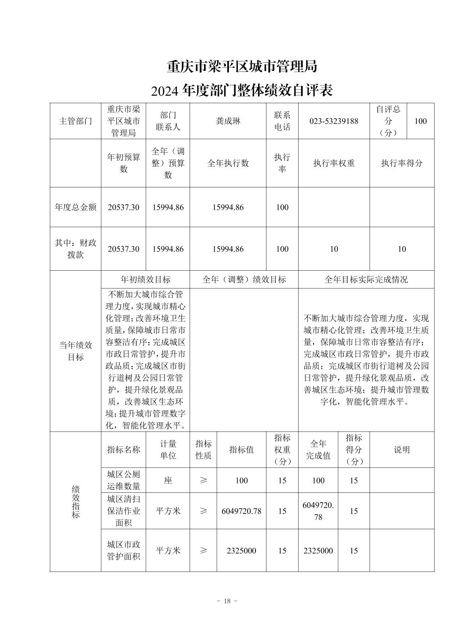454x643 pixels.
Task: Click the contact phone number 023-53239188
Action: point(334,121)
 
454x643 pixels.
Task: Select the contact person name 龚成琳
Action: point(228,121)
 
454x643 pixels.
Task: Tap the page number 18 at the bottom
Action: point(227,601)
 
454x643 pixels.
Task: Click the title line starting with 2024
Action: point(242,90)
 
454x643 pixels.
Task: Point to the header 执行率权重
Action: point(334,163)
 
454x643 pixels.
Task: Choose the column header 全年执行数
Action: point(228,163)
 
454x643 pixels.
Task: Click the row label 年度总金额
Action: point(76,207)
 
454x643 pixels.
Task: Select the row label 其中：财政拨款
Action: point(76,249)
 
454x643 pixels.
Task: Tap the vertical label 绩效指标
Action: point(76,502)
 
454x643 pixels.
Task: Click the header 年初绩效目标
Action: point(146,280)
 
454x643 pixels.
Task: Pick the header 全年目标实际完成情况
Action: point(366,280)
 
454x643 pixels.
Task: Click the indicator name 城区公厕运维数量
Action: point(123,480)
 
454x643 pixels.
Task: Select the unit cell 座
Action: point(168,481)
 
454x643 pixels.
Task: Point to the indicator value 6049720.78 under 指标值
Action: point(242,511)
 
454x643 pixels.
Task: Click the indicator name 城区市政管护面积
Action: point(123,550)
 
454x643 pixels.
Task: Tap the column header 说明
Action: point(402,450)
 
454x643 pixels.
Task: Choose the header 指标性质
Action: point(203,450)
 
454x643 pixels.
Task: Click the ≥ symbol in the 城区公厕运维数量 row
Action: point(203,481)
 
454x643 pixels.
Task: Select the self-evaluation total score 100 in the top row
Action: point(421,121)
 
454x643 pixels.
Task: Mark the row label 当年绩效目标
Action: point(76,351)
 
